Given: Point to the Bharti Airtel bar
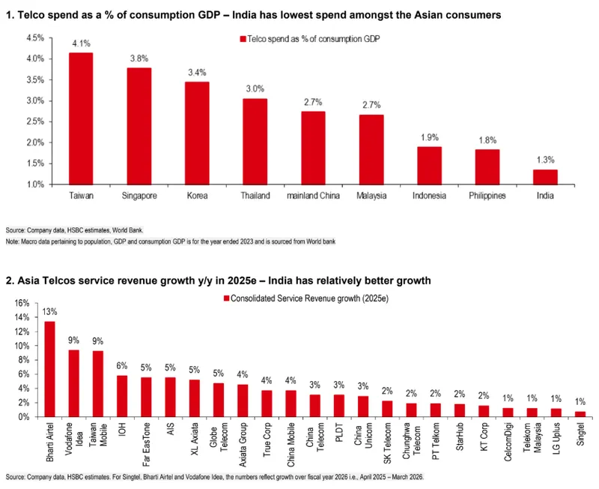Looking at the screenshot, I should coord(49,368).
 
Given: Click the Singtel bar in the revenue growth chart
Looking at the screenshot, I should coord(580,413).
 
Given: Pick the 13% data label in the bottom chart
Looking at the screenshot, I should coord(49,312).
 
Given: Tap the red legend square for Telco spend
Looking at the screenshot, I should coord(243,39).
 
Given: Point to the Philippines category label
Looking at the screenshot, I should coord(487,196).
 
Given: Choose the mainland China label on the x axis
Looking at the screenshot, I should coord(313,196).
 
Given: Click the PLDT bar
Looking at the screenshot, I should coord(339,405).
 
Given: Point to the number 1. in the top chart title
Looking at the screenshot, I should coord(9,14).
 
